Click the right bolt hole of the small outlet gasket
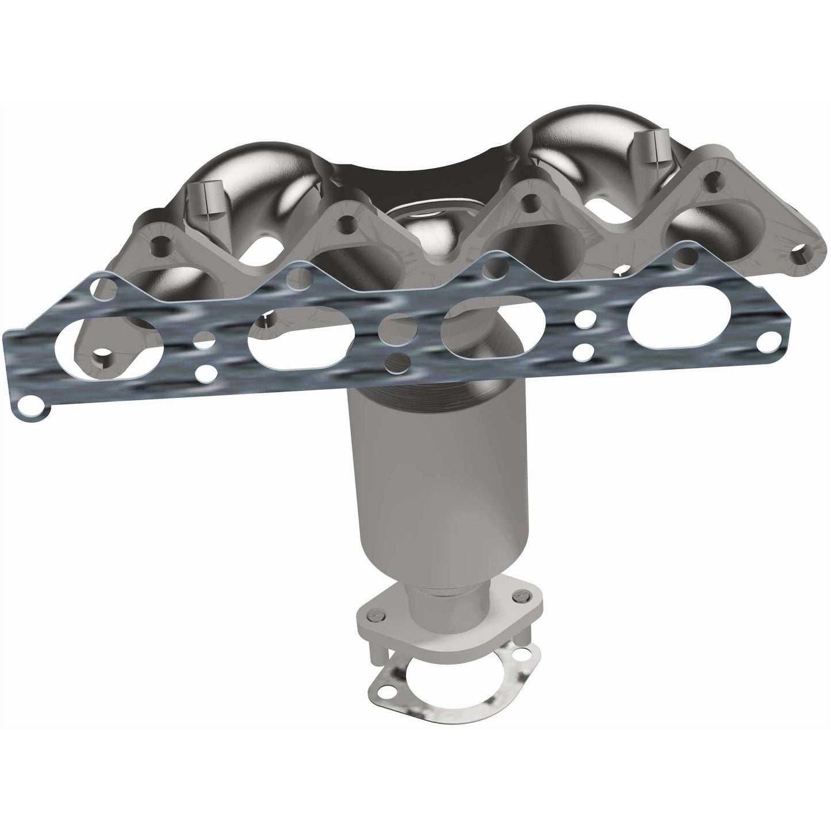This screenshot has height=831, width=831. pyautogui.click(x=522, y=653)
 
